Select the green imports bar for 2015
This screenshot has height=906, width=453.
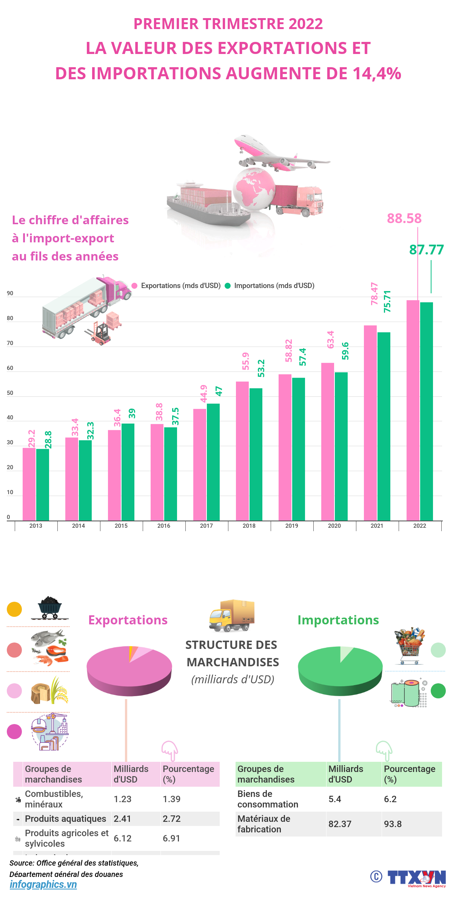tap(128, 472)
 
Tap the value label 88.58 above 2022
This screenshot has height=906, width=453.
tap(404, 219)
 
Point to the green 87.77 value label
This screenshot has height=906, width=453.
tap(426, 250)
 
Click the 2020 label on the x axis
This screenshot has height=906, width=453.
tap(334, 526)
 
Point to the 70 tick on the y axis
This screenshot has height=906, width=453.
tap(10, 343)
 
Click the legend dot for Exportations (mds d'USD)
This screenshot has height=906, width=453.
tap(134, 286)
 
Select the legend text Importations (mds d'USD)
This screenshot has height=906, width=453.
tap(274, 286)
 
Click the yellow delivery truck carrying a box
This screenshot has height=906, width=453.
tap(231, 616)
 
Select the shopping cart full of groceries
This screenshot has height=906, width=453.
tap(409, 646)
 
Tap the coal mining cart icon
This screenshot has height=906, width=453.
tap(49, 607)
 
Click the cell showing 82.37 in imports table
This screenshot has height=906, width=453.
tap(340, 824)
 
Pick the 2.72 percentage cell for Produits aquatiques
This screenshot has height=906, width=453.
tap(172, 819)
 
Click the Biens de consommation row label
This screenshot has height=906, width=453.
tap(267, 799)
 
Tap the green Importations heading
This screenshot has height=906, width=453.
tap(338, 620)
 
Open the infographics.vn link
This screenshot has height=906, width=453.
tap(43, 884)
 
